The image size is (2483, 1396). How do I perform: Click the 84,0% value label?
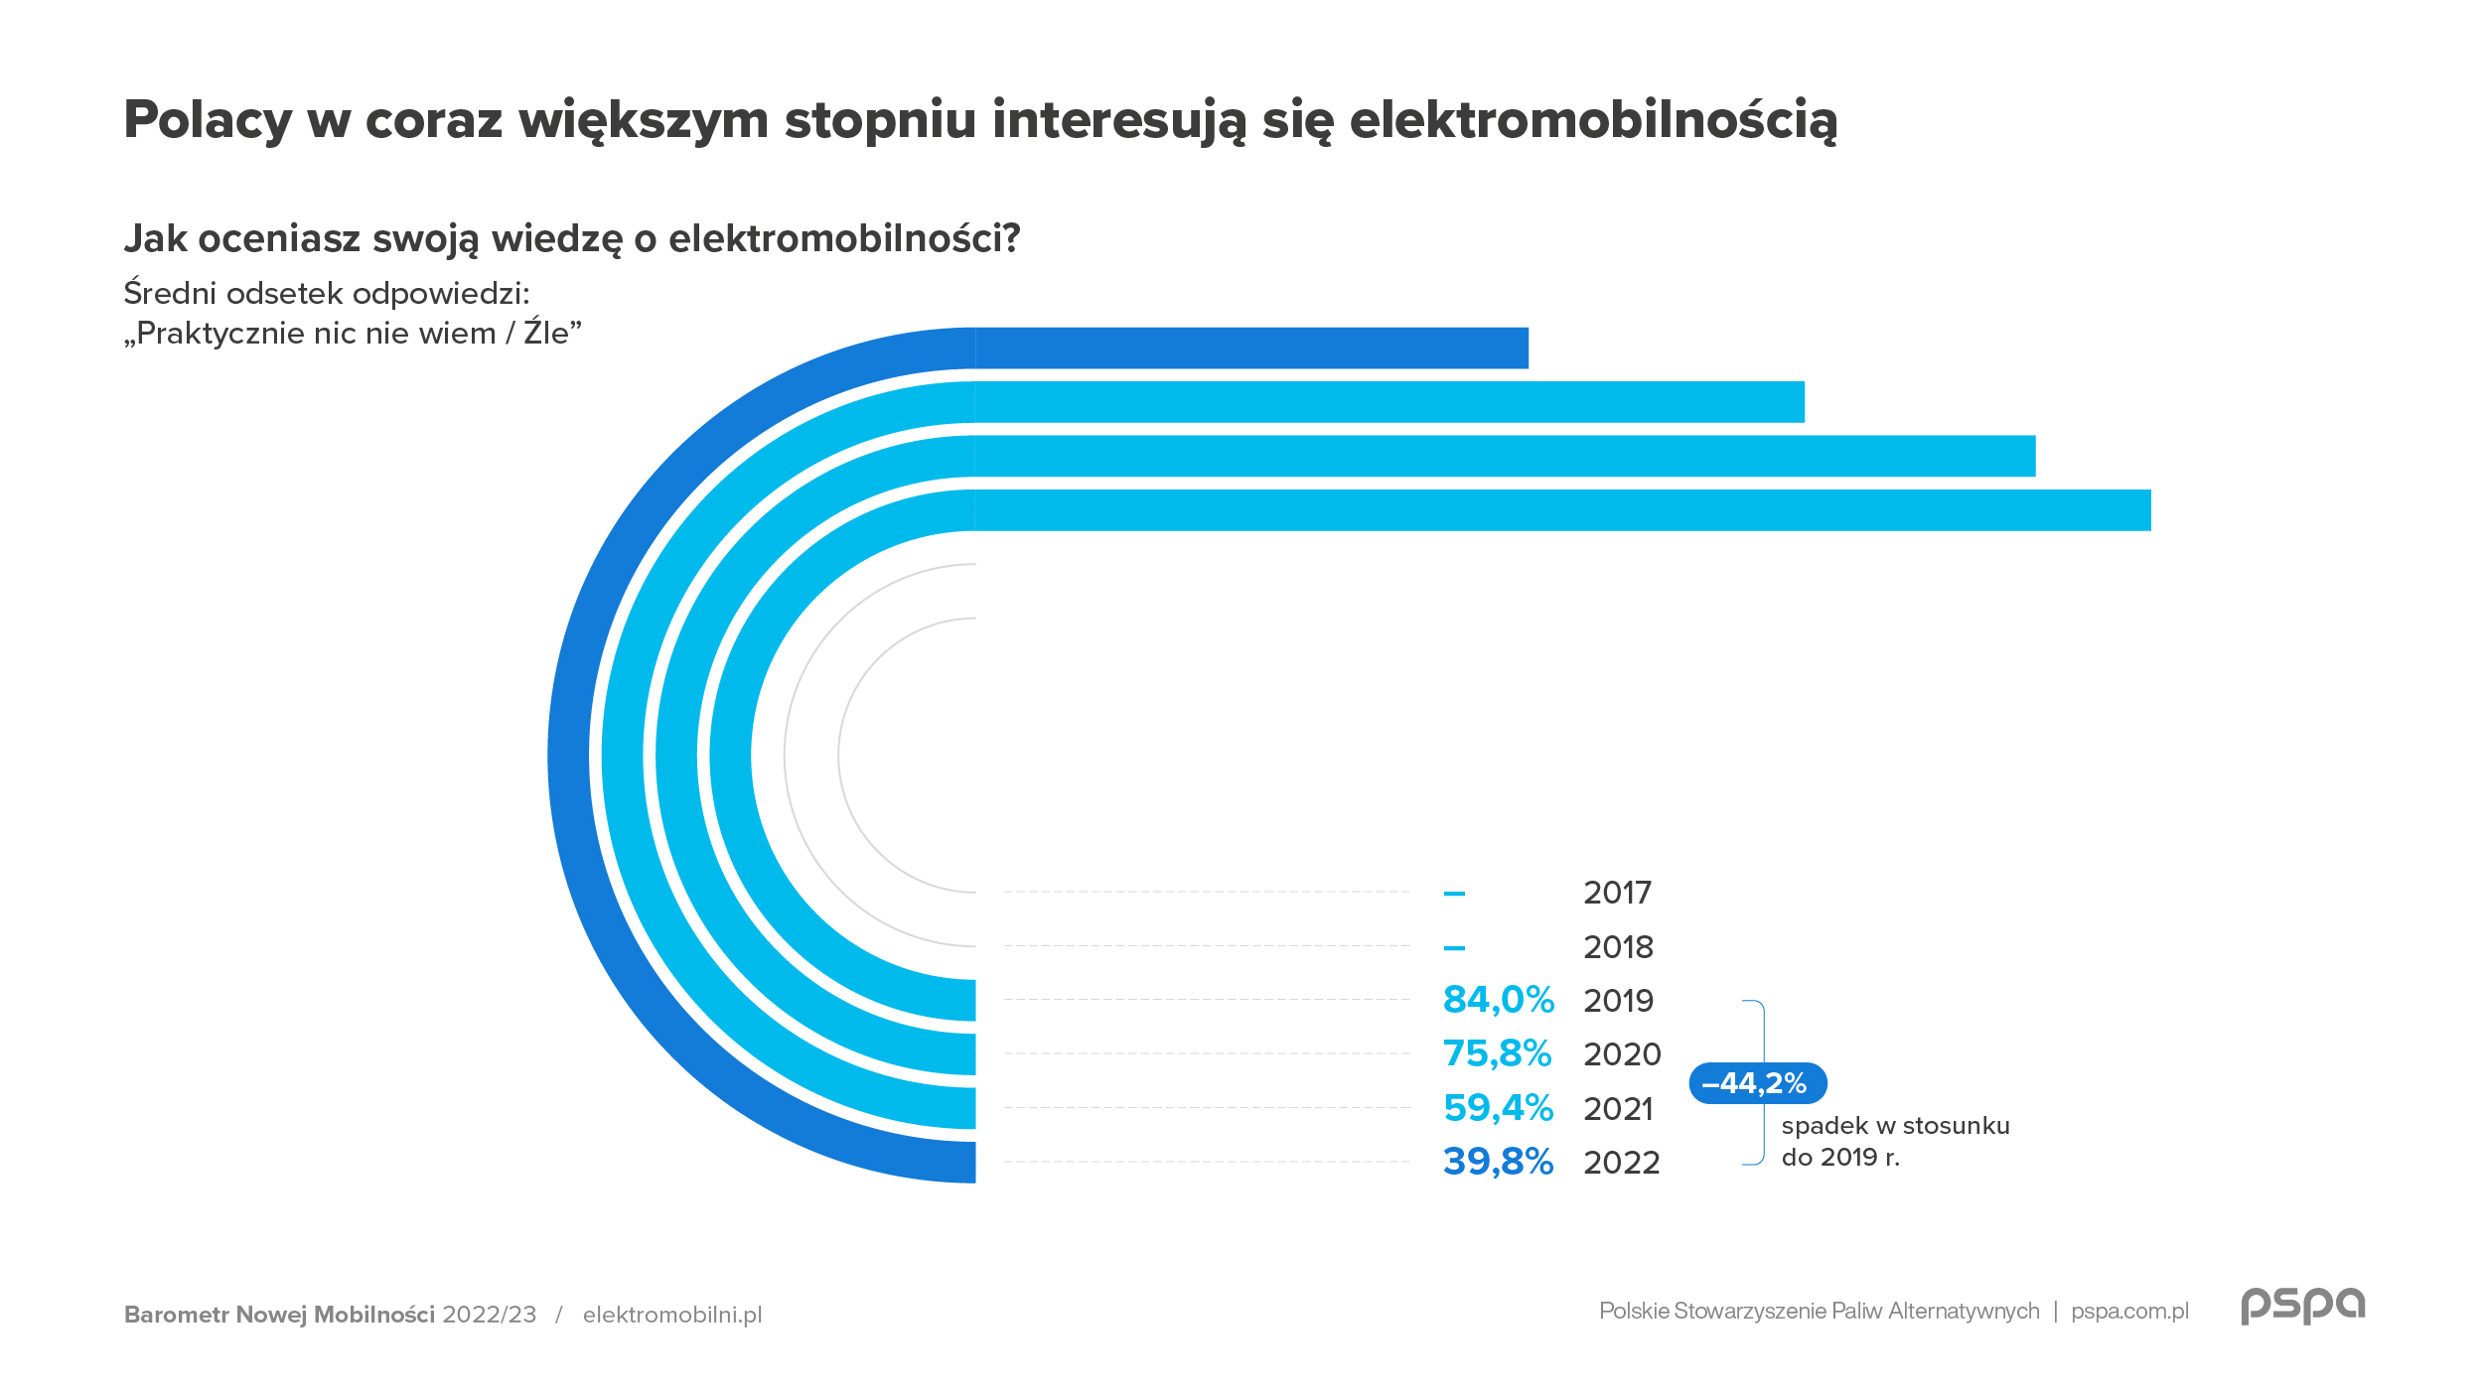[1498, 1000]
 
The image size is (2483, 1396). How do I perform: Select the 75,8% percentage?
[1497, 1053]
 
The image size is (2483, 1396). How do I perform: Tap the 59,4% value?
[1498, 1108]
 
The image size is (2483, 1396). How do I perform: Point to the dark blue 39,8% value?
[1498, 1162]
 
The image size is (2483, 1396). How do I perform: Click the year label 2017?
[1617, 893]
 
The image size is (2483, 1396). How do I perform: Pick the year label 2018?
[1618, 947]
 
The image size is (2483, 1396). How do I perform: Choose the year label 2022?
[1621, 1162]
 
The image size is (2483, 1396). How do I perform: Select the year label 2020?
[1622, 1054]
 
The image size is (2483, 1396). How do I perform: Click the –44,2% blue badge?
[1757, 1083]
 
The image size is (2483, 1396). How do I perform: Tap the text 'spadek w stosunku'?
[1895, 1126]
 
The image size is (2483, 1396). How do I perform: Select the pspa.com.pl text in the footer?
[2129, 1311]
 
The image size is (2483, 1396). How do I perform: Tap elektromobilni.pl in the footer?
[672, 1315]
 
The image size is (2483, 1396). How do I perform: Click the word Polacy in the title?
[208, 121]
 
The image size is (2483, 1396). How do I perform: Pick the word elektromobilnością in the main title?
[1593, 121]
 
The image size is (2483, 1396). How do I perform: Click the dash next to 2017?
[1454, 894]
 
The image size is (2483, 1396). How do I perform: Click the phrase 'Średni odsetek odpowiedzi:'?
[327, 294]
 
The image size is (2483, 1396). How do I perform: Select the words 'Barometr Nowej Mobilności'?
[279, 1315]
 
